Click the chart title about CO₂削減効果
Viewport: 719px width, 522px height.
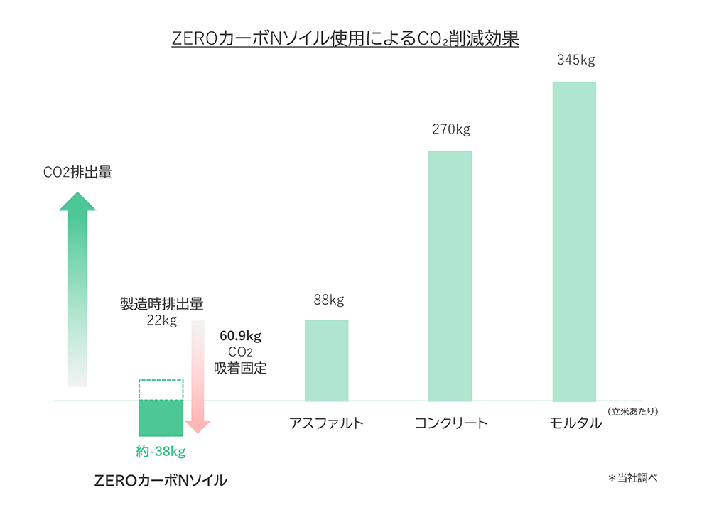345,38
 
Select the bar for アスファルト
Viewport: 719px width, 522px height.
326,360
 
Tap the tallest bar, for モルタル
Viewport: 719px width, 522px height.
574,241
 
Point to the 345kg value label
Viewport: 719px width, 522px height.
575,60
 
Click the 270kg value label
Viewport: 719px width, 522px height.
451,129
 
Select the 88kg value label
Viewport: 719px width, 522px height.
328,300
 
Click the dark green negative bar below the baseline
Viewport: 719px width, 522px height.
161,418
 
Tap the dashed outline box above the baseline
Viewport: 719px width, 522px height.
161,390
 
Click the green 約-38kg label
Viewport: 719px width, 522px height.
161,451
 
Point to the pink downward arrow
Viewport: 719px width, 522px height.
198,376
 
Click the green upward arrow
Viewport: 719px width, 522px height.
77,291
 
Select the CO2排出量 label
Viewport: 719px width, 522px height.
77,173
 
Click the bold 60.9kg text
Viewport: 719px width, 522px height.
240,335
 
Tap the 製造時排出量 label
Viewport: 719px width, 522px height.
161,304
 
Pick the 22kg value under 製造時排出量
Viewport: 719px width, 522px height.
161,320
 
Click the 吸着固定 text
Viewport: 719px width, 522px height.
240,368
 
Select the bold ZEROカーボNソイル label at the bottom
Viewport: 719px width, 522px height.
161,481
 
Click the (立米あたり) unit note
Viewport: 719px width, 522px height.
633,410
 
